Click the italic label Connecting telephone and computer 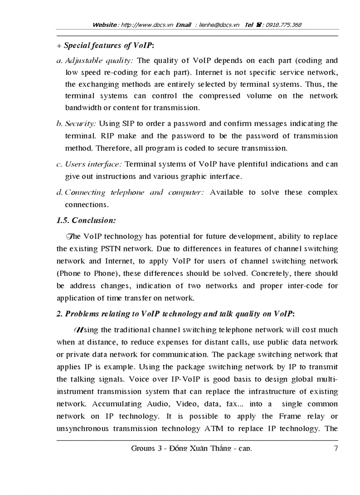point(134,192)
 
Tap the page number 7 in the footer point(336,449)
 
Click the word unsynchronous point(84,428)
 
